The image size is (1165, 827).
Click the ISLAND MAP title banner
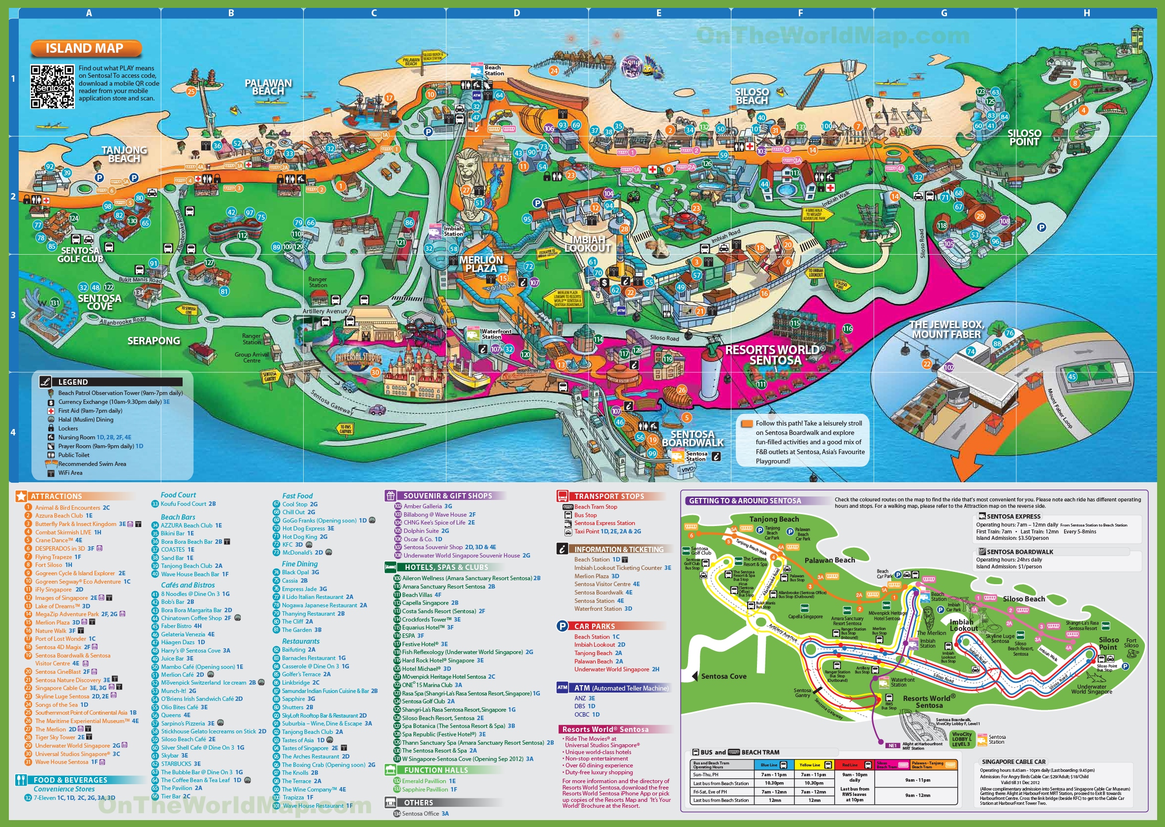click(x=85, y=48)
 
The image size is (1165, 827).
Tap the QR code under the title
click(x=52, y=87)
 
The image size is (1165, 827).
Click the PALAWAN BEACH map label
click(x=268, y=87)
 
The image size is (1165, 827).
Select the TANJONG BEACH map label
click(x=124, y=154)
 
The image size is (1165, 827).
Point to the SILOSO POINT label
click(x=1024, y=137)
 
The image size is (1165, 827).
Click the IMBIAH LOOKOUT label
click(x=588, y=244)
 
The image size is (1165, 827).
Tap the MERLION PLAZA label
click(x=481, y=264)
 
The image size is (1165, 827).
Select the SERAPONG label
click(x=154, y=341)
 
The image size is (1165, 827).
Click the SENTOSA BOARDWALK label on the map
click(x=693, y=438)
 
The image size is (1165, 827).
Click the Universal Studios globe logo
click(x=358, y=359)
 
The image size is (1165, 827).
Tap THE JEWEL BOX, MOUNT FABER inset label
click(x=946, y=330)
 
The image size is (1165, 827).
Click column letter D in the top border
click(x=516, y=13)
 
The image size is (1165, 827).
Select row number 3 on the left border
click(x=13, y=315)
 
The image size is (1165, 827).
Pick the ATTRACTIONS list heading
click(x=56, y=496)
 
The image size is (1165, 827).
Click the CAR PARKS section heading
click(x=594, y=626)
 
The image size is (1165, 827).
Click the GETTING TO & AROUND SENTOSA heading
click(x=744, y=500)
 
